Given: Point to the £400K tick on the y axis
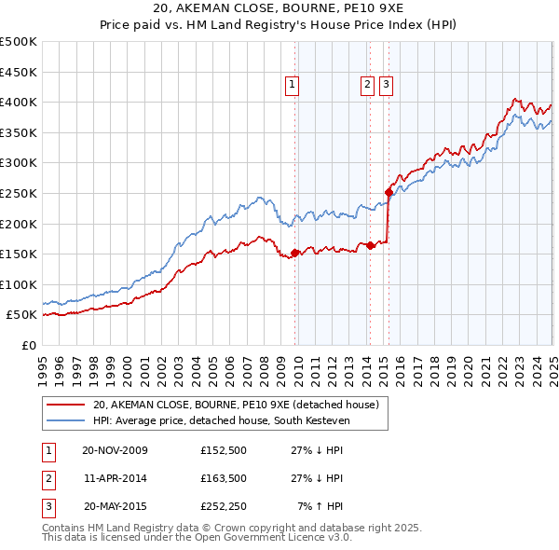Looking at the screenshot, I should tap(19, 102).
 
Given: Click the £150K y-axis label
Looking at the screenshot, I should tap(19, 254).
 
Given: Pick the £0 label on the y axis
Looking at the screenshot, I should tap(30, 345).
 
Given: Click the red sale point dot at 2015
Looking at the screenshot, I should tap(389, 192).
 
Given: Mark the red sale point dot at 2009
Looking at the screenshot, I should tap(295, 253).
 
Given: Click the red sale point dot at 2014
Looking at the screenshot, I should tap(370, 246).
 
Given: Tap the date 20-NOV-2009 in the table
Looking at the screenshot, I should tap(115, 450).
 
